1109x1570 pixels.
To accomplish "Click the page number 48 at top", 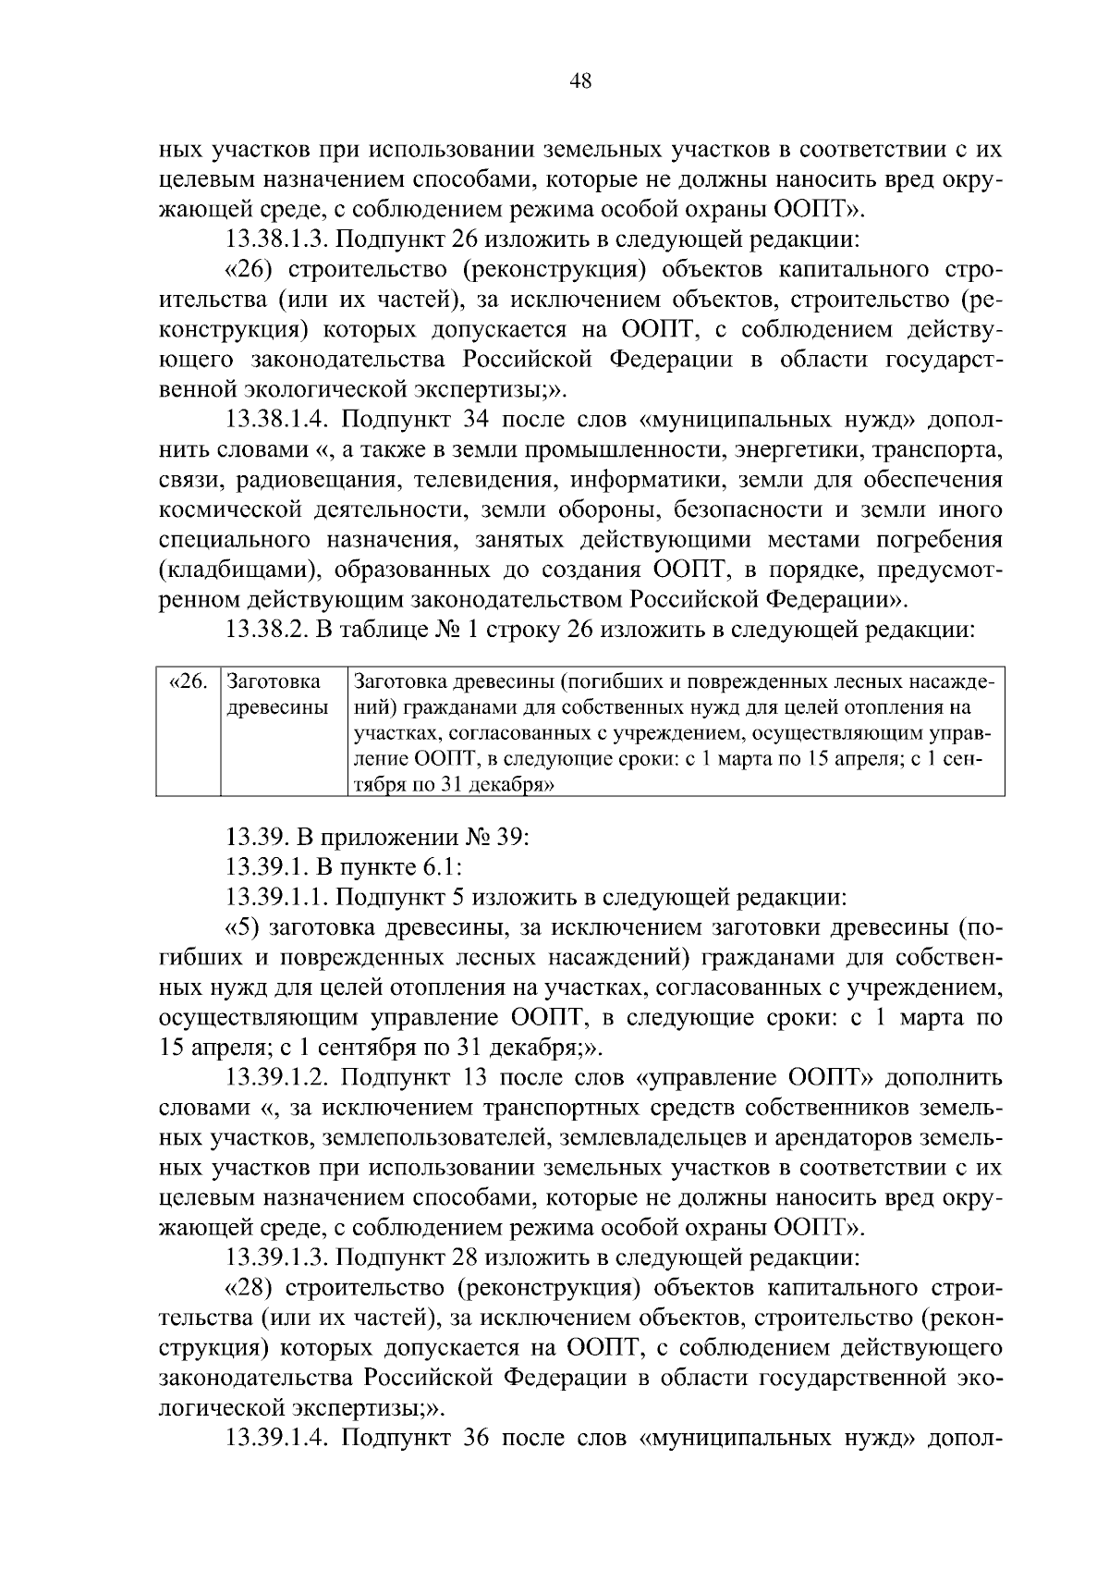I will (580, 81).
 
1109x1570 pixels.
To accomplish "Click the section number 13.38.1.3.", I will (276, 240).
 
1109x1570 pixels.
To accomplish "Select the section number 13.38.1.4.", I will (277, 421).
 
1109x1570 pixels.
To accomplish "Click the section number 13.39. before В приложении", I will (256, 838).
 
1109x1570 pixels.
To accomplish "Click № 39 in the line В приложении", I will (495, 838).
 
